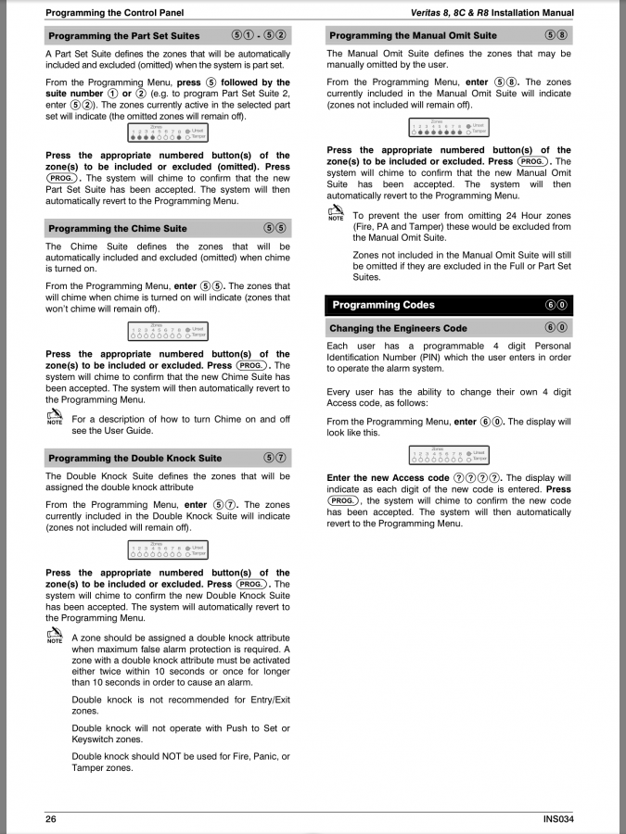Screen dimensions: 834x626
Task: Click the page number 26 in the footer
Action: tap(51, 818)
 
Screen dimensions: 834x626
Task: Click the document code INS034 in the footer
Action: tap(558, 818)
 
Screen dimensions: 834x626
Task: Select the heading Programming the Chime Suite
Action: tap(118, 228)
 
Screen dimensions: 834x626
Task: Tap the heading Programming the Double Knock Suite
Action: tap(135, 458)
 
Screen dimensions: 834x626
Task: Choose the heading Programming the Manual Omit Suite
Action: tap(413, 35)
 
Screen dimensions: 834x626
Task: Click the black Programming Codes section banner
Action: tap(450, 305)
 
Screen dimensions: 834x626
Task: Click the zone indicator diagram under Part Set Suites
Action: tap(167, 134)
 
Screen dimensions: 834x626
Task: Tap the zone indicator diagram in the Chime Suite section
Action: tap(167, 331)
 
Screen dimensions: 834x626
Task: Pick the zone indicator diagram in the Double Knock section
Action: tap(167, 550)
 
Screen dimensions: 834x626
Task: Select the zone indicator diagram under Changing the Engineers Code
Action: tap(449, 455)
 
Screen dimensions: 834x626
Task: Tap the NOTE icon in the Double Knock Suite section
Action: tap(55, 636)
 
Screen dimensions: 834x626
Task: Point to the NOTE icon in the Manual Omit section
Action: tap(336, 214)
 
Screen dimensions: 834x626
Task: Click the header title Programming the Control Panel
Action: tap(115, 13)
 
